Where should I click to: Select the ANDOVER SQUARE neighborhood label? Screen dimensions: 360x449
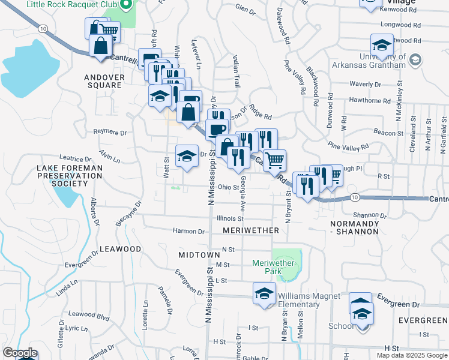click(x=104, y=81)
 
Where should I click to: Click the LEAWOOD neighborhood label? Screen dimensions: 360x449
click(x=120, y=248)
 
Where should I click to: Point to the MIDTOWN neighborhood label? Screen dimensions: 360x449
click(x=199, y=255)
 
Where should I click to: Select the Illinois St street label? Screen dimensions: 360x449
click(x=229, y=219)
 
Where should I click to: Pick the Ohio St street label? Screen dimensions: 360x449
click(x=228, y=187)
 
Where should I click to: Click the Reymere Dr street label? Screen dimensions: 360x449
click(x=110, y=132)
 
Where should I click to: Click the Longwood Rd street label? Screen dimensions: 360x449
click(x=398, y=25)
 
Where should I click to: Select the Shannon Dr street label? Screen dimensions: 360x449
click(x=369, y=215)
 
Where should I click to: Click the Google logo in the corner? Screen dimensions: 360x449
click(x=20, y=353)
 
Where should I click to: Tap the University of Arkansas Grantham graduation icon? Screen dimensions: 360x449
click(x=381, y=45)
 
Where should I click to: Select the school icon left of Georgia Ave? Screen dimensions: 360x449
click(x=187, y=157)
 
